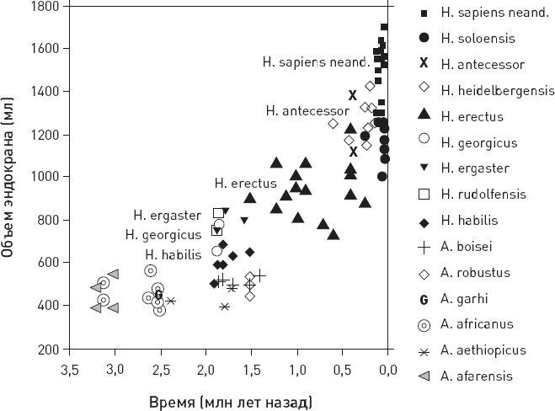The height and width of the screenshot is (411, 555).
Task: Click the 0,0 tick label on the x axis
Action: pos(387,369)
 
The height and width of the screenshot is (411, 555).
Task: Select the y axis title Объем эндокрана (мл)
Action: pos(11,176)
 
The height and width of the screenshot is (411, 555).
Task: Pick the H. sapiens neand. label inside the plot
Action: pos(316,61)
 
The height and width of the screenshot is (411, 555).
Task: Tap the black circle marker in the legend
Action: pos(425,38)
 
